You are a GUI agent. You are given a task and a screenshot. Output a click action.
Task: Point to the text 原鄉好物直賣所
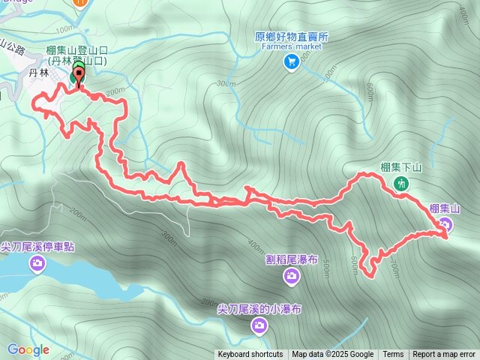(x=292, y=36)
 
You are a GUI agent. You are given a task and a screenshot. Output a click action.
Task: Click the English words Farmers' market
(x=292, y=46)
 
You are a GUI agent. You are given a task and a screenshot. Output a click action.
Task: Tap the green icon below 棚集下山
(x=402, y=183)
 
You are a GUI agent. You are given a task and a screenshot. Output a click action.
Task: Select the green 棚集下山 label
(x=402, y=168)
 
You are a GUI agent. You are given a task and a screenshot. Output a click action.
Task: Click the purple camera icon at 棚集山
(x=445, y=224)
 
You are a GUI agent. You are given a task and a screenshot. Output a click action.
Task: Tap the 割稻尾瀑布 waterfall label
(x=292, y=260)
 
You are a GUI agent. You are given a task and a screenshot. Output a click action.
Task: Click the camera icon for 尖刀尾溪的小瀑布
(x=259, y=325)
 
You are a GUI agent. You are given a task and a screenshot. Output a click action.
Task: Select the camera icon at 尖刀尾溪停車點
(x=37, y=262)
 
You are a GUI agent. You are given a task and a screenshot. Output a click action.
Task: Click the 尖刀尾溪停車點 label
(x=37, y=246)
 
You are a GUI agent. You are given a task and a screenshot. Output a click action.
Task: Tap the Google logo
(x=28, y=349)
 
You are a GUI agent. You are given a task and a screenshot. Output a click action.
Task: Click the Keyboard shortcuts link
(x=250, y=355)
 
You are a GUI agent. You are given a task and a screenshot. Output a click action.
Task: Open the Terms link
(x=393, y=355)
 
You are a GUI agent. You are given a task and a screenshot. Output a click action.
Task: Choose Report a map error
(x=444, y=355)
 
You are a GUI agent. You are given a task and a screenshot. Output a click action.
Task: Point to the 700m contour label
(x=394, y=265)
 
